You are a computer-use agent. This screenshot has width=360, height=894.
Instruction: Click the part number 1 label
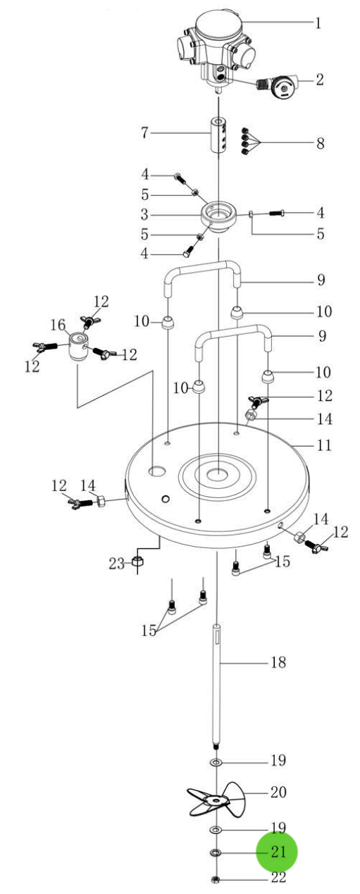[318, 23]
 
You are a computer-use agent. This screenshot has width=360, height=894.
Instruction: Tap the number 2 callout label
[319, 80]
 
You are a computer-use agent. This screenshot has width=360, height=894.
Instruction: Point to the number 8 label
[320, 143]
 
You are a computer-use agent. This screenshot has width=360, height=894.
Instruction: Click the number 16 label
[58, 325]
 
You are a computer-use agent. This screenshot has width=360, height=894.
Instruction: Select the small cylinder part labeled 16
[77, 347]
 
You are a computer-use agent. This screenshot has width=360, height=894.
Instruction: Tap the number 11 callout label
[323, 445]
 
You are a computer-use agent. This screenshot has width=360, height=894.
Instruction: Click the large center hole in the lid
[217, 474]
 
